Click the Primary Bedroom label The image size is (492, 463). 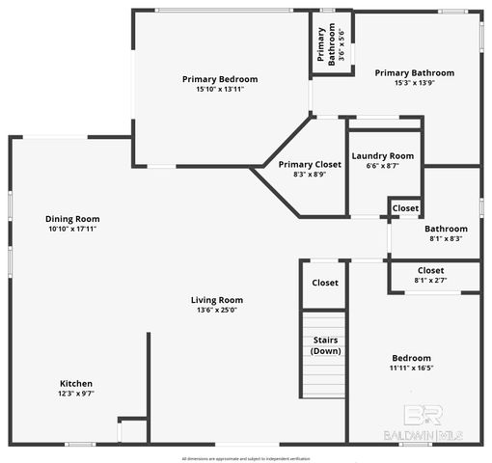click(x=220, y=78)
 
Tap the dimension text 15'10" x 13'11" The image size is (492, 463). click(x=220, y=89)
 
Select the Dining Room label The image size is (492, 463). click(x=73, y=219)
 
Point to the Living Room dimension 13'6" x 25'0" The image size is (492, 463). click(x=216, y=310)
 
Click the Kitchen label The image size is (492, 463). click(x=76, y=383)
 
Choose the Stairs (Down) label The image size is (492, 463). click(x=325, y=345)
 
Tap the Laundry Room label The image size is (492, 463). click(x=382, y=155)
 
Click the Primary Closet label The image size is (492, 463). click(x=303, y=165)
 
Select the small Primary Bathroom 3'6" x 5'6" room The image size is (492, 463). click(x=329, y=44)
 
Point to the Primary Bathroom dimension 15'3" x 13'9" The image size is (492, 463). click(x=414, y=83)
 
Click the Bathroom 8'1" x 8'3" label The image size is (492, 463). click(x=445, y=229)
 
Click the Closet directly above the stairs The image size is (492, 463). click(x=325, y=283)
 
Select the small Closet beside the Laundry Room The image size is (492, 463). click(x=405, y=207)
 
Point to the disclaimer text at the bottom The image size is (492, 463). click(x=245, y=458)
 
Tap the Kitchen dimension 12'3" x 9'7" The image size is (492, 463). click(x=76, y=394)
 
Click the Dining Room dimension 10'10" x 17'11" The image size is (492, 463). click(x=73, y=230)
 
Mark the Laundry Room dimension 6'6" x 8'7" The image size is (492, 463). click(x=382, y=166)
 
